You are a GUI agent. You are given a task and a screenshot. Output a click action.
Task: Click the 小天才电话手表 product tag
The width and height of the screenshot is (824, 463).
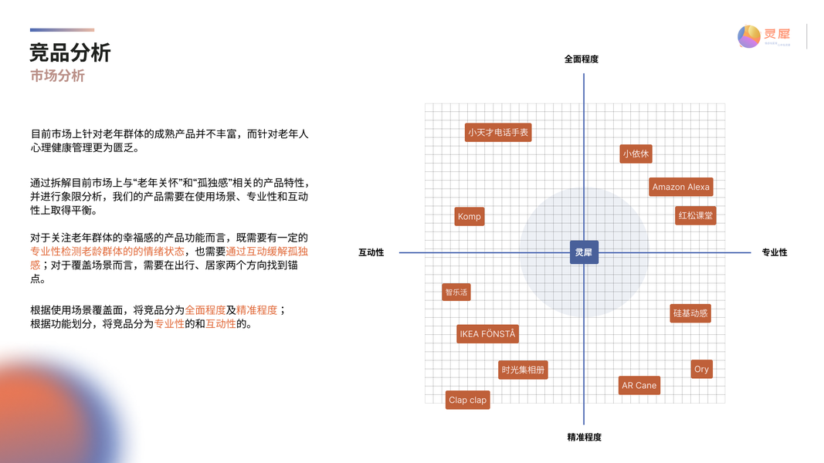[x=498, y=133]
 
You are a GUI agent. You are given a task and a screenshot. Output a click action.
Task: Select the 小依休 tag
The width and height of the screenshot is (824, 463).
[x=636, y=154]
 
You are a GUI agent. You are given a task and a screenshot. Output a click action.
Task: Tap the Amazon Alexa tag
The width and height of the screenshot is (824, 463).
[x=680, y=187]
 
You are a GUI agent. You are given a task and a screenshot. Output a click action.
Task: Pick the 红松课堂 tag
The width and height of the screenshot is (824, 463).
[x=695, y=215]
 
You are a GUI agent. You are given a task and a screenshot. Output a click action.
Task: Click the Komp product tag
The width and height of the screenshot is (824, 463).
[x=469, y=217]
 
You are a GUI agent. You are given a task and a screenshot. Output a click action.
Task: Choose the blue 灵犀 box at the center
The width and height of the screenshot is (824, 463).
[x=584, y=252]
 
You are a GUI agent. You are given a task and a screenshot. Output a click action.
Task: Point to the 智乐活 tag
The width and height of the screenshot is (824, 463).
[x=456, y=292]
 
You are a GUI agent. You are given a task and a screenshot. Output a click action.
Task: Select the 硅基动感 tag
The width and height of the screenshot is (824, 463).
[x=690, y=313]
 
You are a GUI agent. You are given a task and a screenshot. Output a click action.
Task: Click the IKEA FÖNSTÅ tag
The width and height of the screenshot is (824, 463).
[x=487, y=334]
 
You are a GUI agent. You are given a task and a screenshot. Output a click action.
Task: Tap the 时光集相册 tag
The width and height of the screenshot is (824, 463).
[x=523, y=370]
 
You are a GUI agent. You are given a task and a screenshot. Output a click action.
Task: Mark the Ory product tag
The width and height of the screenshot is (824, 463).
[x=701, y=369]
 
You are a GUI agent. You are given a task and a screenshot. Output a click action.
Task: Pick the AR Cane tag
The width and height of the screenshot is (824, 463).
[x=639, y=385]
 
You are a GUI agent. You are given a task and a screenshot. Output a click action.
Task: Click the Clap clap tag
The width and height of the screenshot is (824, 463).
[x=468, y=400]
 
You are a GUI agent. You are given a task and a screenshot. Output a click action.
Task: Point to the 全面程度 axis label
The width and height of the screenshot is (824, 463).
[x=582, y=59]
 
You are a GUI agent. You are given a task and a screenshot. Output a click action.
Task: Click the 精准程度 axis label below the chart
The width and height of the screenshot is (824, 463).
[x=584, y=438]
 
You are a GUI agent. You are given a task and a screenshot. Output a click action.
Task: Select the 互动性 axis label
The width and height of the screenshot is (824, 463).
[x=371, y=253]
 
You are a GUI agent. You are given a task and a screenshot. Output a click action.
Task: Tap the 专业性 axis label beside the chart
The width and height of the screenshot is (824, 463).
[x=775, y=253]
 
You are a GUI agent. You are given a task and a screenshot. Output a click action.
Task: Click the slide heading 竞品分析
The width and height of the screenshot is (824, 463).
[x=70, y=53]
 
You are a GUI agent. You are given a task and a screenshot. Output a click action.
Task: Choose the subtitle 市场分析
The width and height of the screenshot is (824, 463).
[x=57, y=76]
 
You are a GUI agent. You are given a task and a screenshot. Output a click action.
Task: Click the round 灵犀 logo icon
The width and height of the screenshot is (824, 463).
[x=748, y=36]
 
